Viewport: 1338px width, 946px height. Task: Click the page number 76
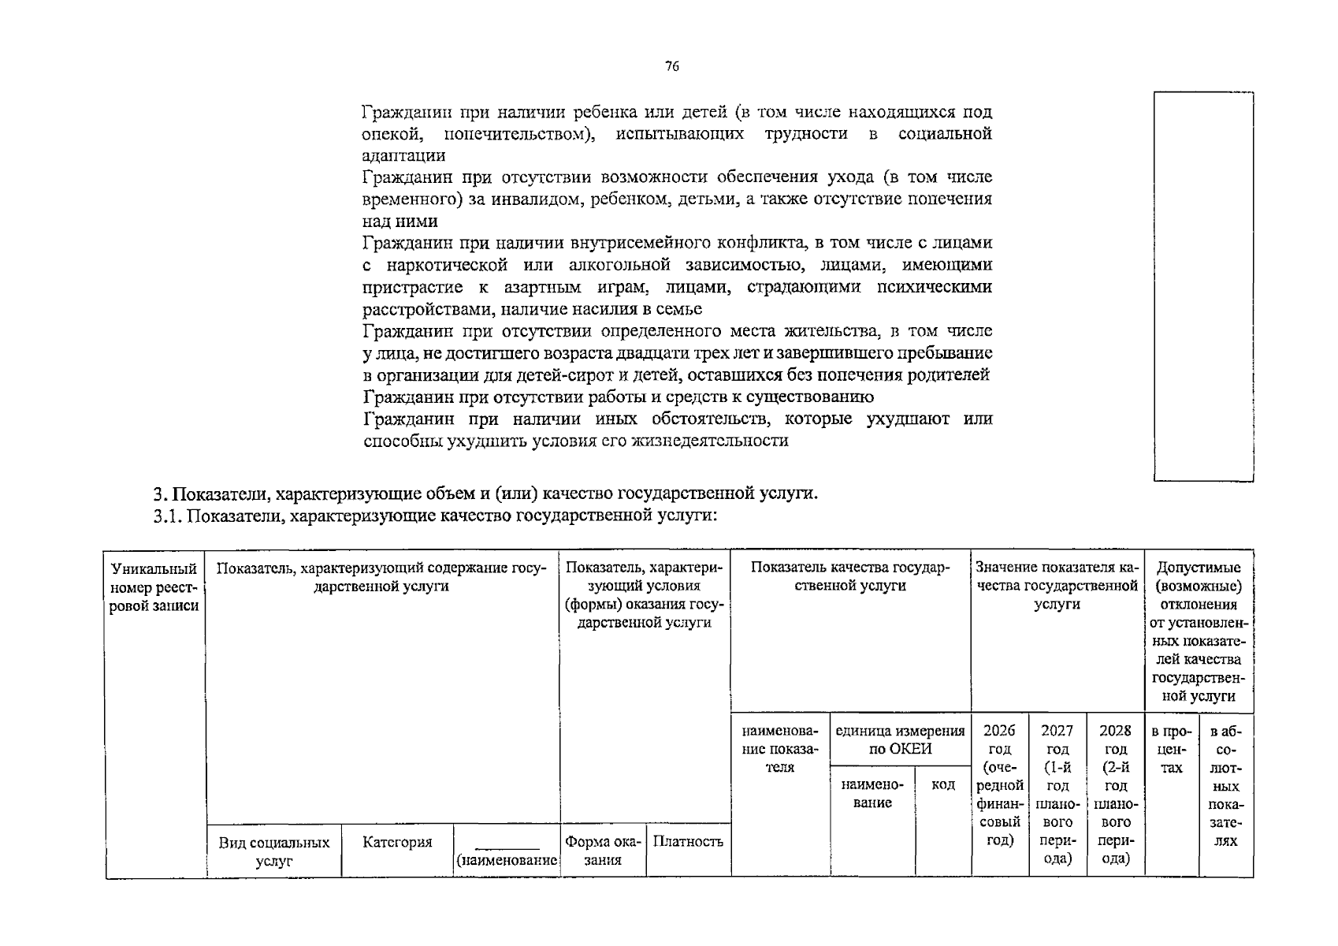click(x=671, y=67)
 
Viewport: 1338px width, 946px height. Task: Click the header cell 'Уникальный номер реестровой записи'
click(x=154, y=587)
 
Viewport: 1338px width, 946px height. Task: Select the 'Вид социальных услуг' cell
click(x=273, y=851)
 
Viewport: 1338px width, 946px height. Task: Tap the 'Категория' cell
click(x=397, y=843)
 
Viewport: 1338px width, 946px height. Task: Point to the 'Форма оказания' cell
click(x=603, y=851)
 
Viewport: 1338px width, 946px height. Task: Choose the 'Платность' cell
click(x=688, y=842)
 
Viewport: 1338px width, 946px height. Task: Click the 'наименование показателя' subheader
click(x=780, y=749)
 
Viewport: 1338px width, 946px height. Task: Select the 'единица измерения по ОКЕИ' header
click(x=900, y=740)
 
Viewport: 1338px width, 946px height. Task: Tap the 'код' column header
click(x=942, y=784)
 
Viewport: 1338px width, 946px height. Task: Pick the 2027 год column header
click(x=1057, y=794)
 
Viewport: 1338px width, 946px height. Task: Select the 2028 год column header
click(x=1115, y=794)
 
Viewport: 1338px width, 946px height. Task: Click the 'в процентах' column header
click(x=1171, y=749)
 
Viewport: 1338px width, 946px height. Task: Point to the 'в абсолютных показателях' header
click(x=1225, y=786)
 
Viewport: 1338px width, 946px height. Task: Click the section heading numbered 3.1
click(x=435, y=516)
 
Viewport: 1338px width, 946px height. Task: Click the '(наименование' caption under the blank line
click(x=507, y=861)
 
